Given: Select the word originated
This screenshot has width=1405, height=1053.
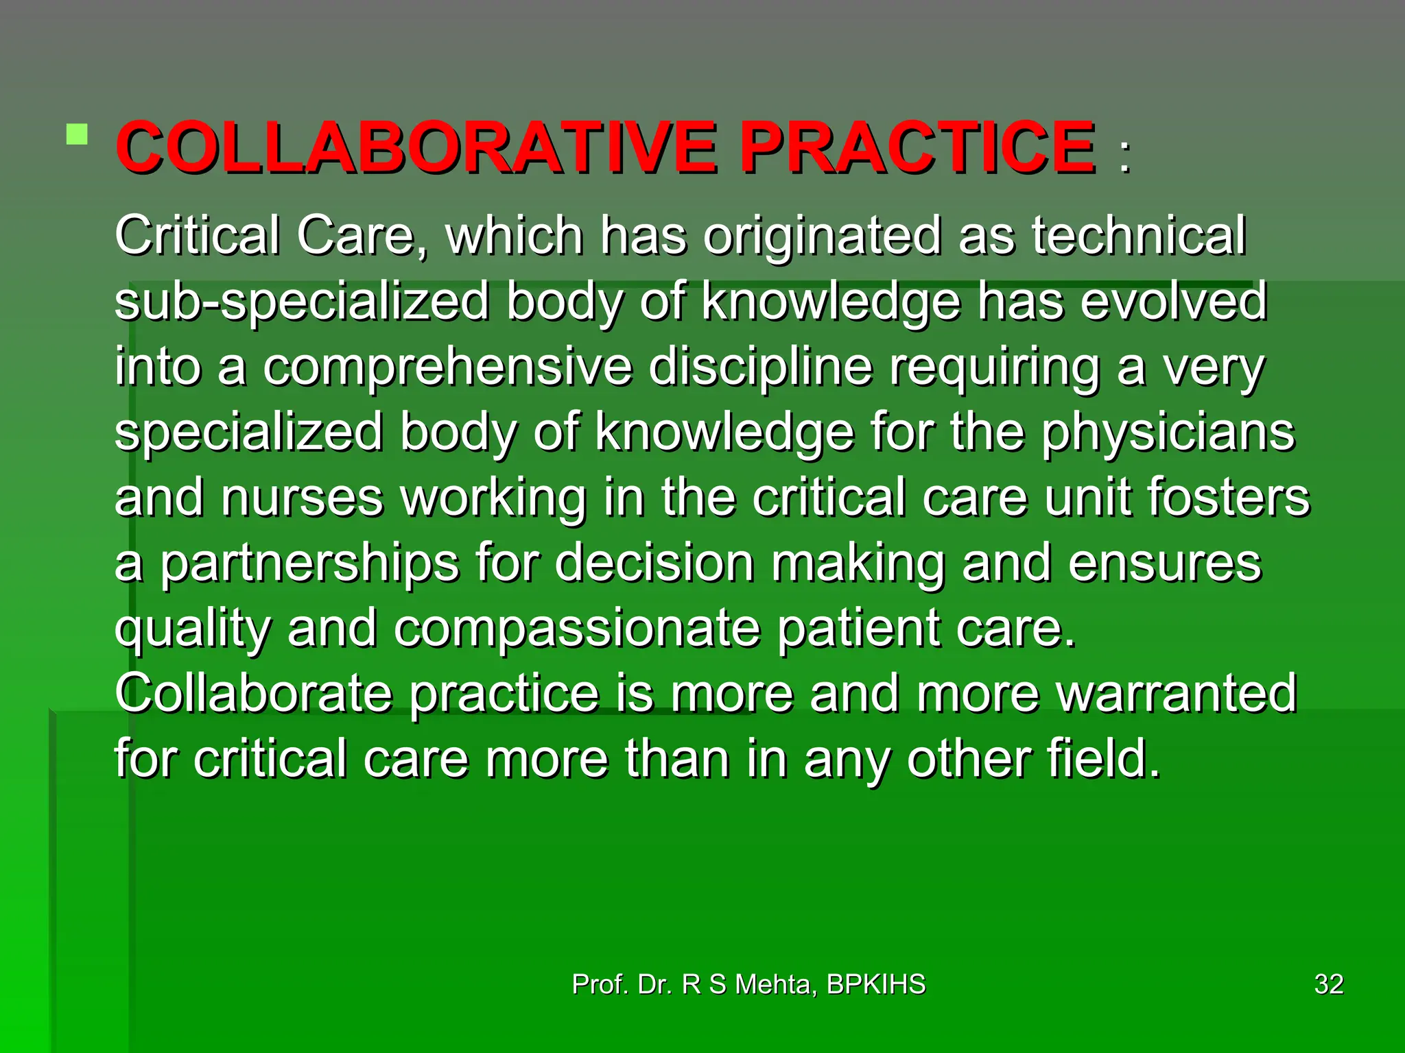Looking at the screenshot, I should click(x=822, y=235).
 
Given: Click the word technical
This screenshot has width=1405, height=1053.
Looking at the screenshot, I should click(x=1139, y=235).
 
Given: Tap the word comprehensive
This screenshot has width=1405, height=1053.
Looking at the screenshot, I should click(x=447, y=367).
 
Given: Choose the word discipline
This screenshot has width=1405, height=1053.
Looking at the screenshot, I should click(x=760, y=367).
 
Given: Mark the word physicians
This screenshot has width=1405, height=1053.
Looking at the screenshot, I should click(x=1168, y=433).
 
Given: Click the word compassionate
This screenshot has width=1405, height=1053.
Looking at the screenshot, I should click(x=577, y=629).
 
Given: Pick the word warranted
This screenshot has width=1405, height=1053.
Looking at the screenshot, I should click(x=1177, y=694).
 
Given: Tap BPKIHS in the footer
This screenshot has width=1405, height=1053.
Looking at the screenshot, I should click(x=876, y=984).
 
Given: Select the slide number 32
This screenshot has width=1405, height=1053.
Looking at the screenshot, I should click(x=1329, y=984).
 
